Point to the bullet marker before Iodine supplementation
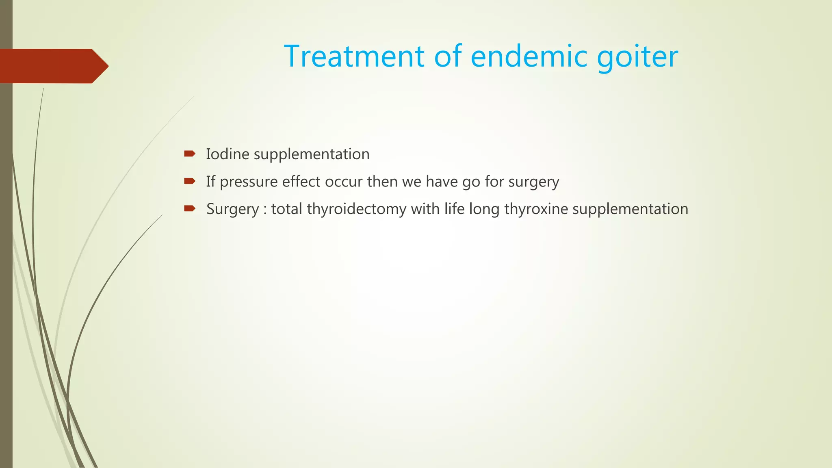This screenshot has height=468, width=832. click(x=189, y=154)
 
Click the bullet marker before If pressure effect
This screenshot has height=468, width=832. click(x=189, y=181)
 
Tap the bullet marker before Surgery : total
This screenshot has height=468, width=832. click(x=189, y=209)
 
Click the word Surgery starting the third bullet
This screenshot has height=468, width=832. click(x=232, y=209)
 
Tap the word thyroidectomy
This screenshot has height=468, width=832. click(x=356, y=209)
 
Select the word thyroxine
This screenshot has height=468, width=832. click(x=536, y=209)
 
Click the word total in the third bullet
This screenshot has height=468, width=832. click(x=286, y=209)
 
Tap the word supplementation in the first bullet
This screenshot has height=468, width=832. click(x=312, y=155)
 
